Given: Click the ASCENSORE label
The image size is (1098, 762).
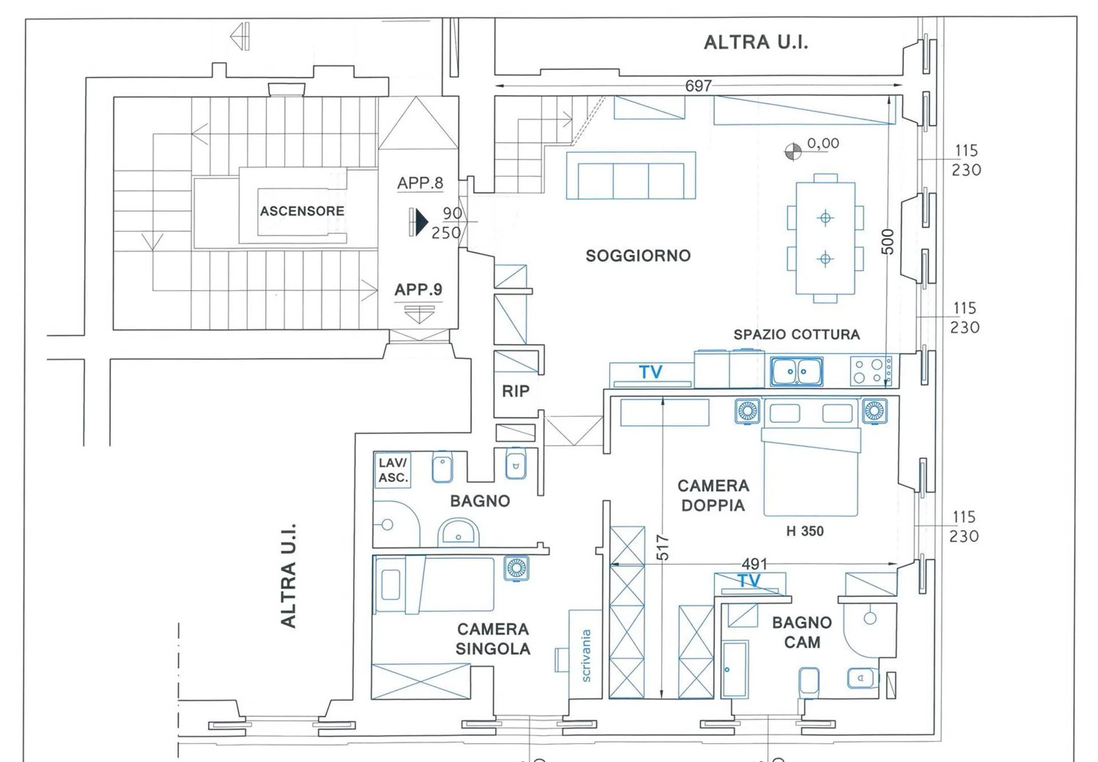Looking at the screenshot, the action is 302,211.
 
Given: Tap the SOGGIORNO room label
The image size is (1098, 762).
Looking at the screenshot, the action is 638,256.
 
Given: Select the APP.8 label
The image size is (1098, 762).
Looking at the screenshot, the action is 420,183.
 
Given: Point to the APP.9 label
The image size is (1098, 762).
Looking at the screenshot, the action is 418,290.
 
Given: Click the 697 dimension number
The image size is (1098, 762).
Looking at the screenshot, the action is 699,85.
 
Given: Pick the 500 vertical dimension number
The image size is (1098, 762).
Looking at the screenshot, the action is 887,241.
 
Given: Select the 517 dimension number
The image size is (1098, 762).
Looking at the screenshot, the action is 662,547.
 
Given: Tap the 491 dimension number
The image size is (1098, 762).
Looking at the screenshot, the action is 755,564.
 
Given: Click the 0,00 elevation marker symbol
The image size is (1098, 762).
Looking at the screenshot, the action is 793,151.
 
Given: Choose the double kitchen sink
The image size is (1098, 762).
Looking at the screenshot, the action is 796,371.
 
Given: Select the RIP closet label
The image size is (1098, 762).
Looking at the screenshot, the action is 516,391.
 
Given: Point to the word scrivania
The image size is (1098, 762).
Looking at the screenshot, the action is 586,655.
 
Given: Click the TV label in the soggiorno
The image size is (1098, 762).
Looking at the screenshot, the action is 651,372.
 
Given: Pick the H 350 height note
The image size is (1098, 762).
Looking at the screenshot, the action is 805,531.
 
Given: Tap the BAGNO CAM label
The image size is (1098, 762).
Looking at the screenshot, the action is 802,632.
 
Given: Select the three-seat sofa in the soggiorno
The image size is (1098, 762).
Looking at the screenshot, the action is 631,175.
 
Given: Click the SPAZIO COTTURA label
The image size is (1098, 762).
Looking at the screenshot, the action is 797,334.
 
